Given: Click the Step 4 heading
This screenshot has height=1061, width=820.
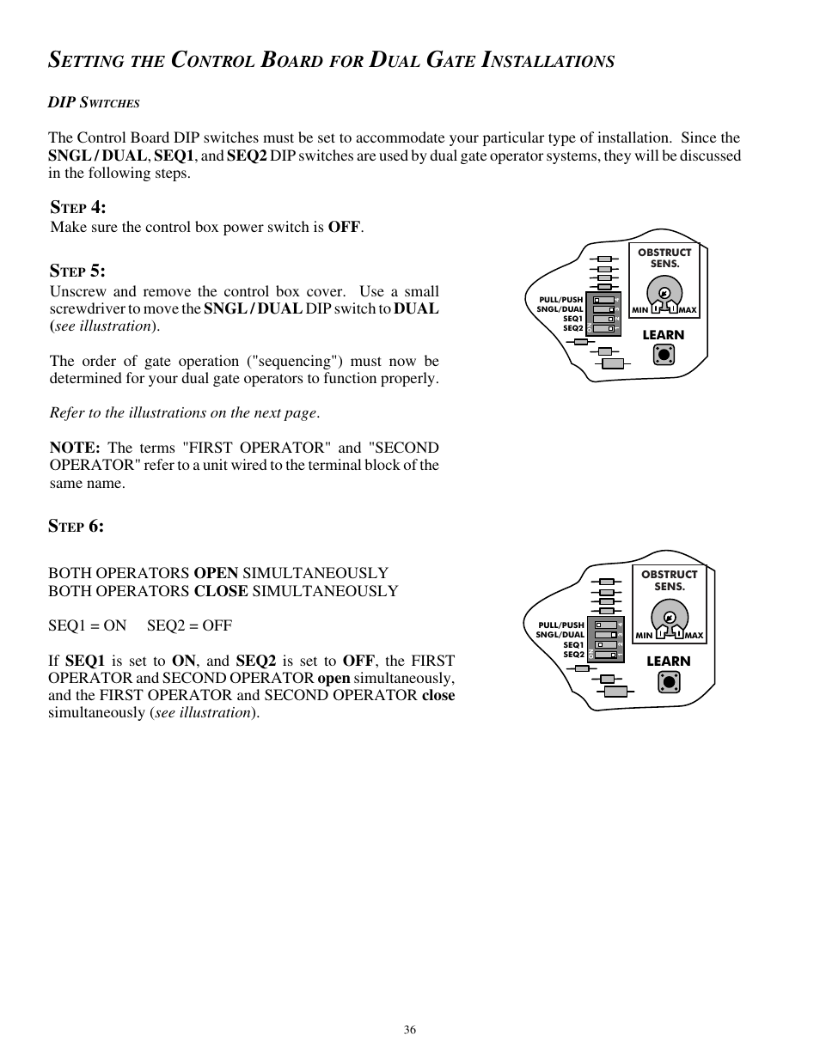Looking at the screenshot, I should pyautogui.click(x=77, y=207).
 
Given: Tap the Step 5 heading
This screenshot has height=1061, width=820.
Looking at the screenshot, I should pyautogui.click(x=77, y=271).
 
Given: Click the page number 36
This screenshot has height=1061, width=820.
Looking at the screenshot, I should pyautogui.click(x=410, y=1030).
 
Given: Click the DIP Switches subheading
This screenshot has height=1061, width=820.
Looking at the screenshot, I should pyautogui.click(x=94, y=103).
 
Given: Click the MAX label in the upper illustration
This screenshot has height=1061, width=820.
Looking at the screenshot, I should pyautogui.click(x=687, y=310).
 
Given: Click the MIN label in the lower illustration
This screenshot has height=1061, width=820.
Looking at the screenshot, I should pyautogui.click(x=644, y=636).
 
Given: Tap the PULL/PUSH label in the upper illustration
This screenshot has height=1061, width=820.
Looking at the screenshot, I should pyautogui.click(x=560, y=300).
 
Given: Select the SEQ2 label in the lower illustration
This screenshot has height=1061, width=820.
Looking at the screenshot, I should pyautogui.click(x=573, y=655).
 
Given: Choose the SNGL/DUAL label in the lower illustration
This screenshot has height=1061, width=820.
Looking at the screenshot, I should pyautogui.click(x=560, y=635).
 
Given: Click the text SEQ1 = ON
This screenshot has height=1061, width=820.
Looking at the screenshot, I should pyautogui.click(x=87, y=625).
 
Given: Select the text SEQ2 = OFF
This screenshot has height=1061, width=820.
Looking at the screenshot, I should pyautogui.click(x=189, y=625).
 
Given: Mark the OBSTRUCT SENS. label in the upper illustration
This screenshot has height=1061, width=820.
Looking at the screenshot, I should pyautogui.click(x=664, y=258).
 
